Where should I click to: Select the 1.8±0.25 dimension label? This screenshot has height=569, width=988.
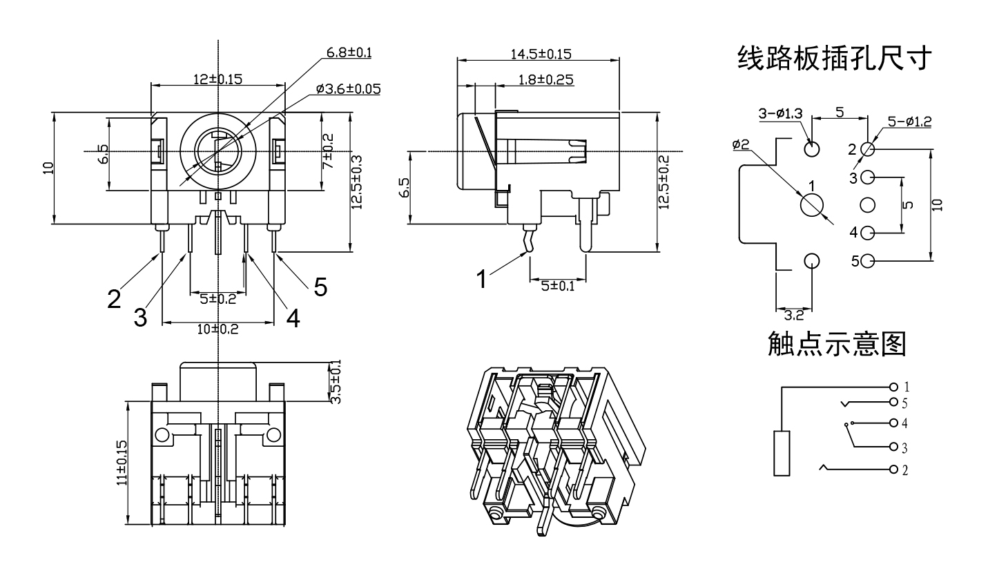[545, 79]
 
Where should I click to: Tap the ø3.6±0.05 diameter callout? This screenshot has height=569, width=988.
[348, 89]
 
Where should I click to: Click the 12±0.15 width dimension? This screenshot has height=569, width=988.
[217, 79]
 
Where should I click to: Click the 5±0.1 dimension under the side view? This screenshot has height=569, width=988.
[558, 286]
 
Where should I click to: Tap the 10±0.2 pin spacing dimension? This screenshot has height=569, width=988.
[217, 329]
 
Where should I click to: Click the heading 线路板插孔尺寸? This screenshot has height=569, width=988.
[836, 59]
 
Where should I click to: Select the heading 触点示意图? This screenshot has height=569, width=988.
[836, 343]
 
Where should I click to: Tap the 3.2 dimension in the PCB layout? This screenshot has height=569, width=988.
[795, 316]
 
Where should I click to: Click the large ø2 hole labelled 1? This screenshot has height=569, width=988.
[812, 204]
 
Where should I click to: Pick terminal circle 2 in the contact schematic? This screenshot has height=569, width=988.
[894, 470]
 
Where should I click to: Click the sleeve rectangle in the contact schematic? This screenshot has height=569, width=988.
[782, 453]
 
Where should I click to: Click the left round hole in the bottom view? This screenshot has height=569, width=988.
[162, 434]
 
